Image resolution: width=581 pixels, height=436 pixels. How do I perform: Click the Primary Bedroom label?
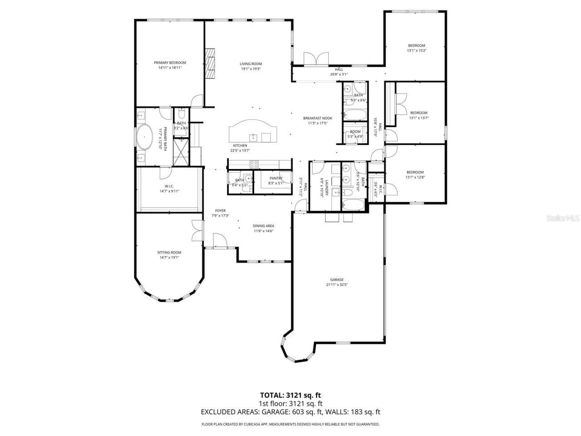coord(170,63)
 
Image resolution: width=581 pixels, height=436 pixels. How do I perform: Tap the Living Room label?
coord(251,64)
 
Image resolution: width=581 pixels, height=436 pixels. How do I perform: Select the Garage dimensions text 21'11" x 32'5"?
coord(337,285)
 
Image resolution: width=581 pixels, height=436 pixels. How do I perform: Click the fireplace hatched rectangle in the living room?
coord(210,64)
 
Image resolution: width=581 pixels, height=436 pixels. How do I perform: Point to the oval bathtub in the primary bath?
coord(145,137)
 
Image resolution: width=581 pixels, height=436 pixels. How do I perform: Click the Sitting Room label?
coord(169,253)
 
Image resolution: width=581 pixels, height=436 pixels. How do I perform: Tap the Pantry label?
coord(276,178)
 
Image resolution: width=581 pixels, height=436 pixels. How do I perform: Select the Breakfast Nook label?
coord(318,118)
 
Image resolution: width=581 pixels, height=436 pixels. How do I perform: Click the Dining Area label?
coord(263,226)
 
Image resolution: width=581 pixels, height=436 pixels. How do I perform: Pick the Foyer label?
coord(220,211)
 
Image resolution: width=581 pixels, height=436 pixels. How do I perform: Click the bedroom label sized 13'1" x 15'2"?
coord(416,45)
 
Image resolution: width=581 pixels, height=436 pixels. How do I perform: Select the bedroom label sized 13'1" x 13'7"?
coord(419,113)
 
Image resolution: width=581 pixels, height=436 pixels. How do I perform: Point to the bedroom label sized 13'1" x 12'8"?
coord(415,172)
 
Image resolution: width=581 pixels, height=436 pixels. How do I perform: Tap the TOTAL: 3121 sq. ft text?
coord(290,395)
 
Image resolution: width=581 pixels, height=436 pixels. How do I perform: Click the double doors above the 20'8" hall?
coord(316,59)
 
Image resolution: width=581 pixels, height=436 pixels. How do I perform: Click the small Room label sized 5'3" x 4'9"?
coord(355,132)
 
